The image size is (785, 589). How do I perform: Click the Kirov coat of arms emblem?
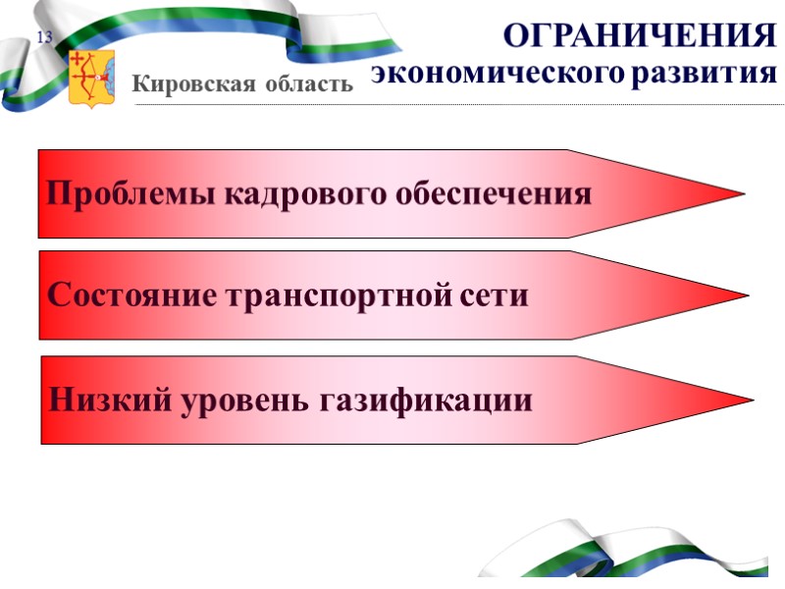(91, 78)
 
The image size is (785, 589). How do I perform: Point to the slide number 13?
(44, 38)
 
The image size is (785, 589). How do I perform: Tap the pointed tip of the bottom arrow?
(749, 400)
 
